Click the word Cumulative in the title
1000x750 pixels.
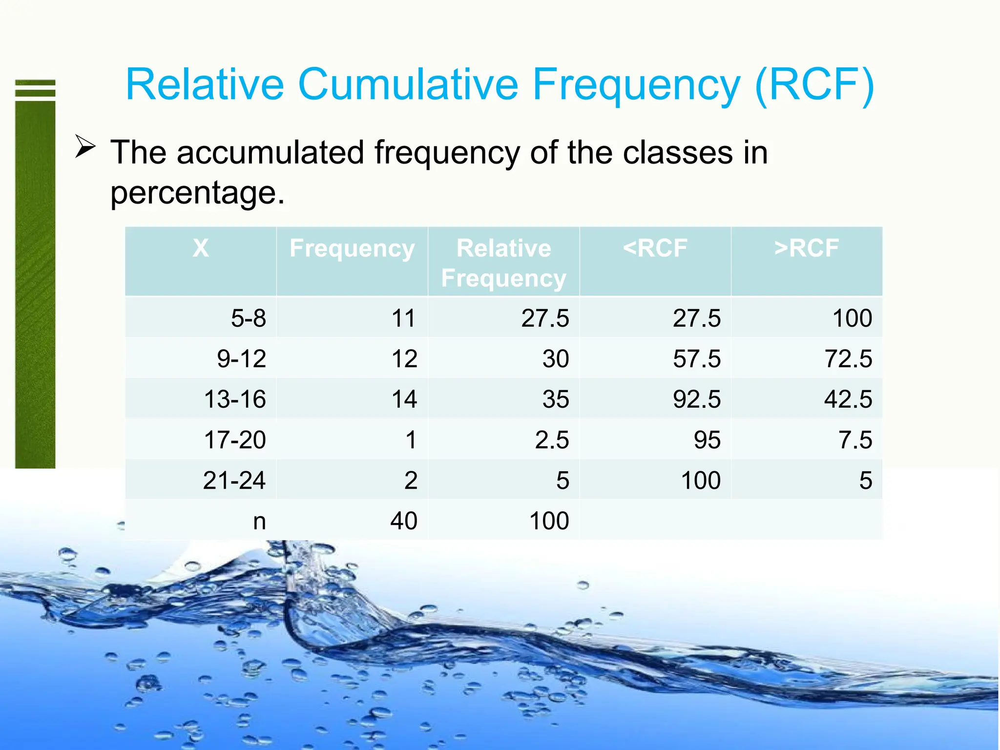pos(407,84)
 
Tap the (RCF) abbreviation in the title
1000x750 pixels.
pos(814,85)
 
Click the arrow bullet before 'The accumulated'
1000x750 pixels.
pos(85,146)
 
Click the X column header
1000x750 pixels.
pos(200,248)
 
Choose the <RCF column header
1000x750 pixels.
pos(655,248)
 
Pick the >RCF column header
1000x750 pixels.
pos(806,248)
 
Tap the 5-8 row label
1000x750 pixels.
pos(248,318)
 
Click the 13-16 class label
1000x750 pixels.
pos(234,399)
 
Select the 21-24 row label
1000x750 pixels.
pos(234,480)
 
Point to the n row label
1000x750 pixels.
pos(259,521)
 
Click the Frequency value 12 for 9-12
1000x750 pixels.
pos(404,359)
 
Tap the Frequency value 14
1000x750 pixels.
pos(404,399)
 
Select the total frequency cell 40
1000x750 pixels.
pos(403,521)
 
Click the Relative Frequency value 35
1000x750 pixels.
pos(556,399)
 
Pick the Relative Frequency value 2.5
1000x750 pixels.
pos(552,439)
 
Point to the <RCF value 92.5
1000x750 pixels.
pos(696,399)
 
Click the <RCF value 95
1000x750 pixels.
pos(707,439)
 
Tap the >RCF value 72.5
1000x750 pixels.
pos(848,359)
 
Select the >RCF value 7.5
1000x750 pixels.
pos(855,439)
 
